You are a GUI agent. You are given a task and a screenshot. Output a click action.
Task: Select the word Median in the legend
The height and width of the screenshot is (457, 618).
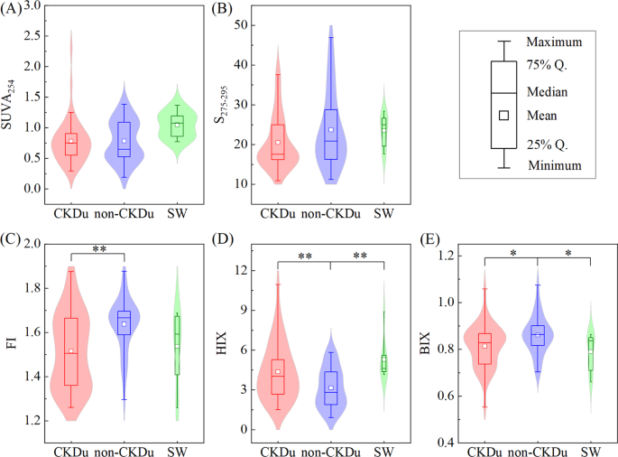[x=549, y=93]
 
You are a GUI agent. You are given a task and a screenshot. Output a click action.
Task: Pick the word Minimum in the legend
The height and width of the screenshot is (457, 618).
[x=553, y=165]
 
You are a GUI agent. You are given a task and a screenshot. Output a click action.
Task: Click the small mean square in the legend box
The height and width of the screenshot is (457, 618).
[x=504, y=115]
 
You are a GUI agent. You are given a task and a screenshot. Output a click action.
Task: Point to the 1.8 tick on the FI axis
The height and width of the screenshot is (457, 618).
[x=35, y=288]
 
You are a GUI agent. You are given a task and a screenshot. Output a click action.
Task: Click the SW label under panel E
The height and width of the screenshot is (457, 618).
[x=590, y=451]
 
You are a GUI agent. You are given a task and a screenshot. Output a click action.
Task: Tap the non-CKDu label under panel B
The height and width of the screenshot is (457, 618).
[x=330, y=213]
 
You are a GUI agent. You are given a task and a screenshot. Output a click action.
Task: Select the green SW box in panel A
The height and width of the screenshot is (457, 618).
[x=178, y=126]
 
